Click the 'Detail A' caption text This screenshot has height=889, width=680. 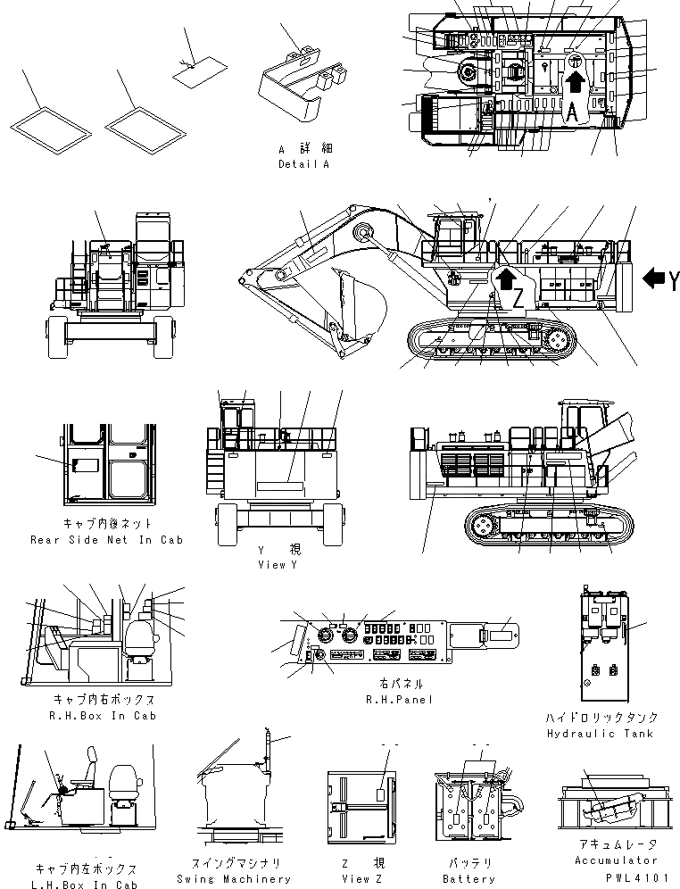(303, 164)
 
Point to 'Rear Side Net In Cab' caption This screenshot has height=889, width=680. (105, 540)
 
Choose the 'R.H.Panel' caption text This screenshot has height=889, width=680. (400, 699)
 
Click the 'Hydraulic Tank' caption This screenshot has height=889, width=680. (602, 734)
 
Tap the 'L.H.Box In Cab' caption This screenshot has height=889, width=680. (86, 885)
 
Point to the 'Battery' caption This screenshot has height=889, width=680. (469, 878)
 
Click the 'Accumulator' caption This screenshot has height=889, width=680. (617, 860)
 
